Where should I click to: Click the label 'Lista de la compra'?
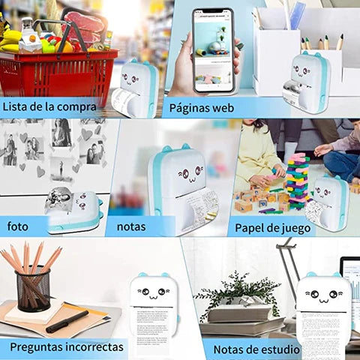point(49,106)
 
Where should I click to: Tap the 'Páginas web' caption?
point(201,107)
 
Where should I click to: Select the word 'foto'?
point(19,226)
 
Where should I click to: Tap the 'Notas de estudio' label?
point(256,349)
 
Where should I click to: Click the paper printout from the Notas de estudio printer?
point(323,334)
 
